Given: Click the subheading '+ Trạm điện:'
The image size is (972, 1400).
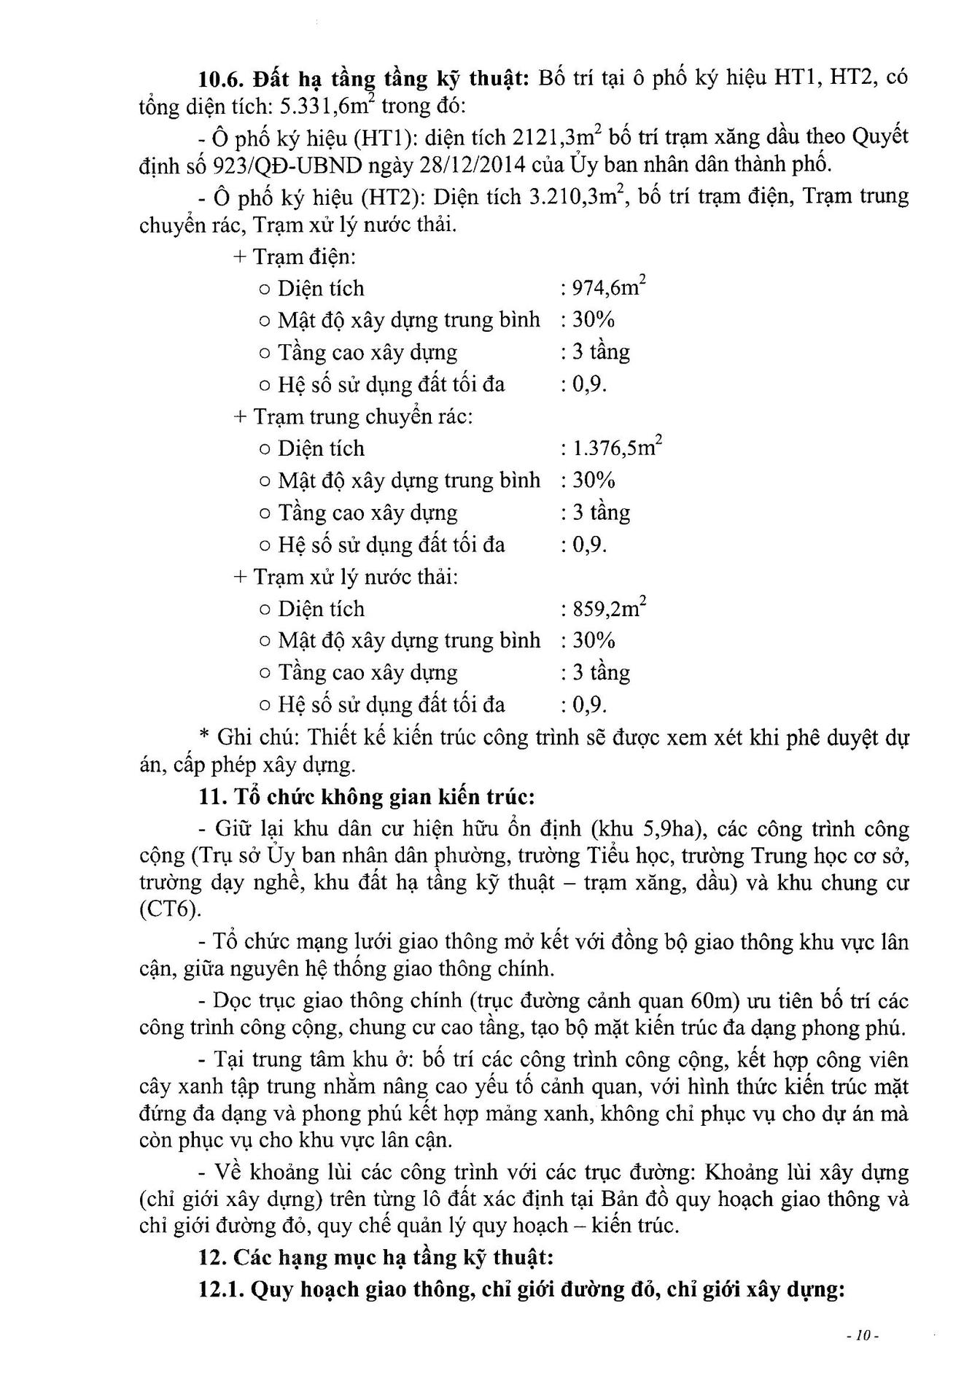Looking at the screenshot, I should click(x=295, y=257).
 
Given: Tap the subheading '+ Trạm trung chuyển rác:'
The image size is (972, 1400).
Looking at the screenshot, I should click(x=353, y=416).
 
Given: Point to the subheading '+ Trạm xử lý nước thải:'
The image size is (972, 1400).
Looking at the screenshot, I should click(x=346, y=577).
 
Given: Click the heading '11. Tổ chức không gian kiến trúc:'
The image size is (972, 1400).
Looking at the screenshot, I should click(x=367, y=797).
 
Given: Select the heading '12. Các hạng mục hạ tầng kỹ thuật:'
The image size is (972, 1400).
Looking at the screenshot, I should click(x=376, y=1258).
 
